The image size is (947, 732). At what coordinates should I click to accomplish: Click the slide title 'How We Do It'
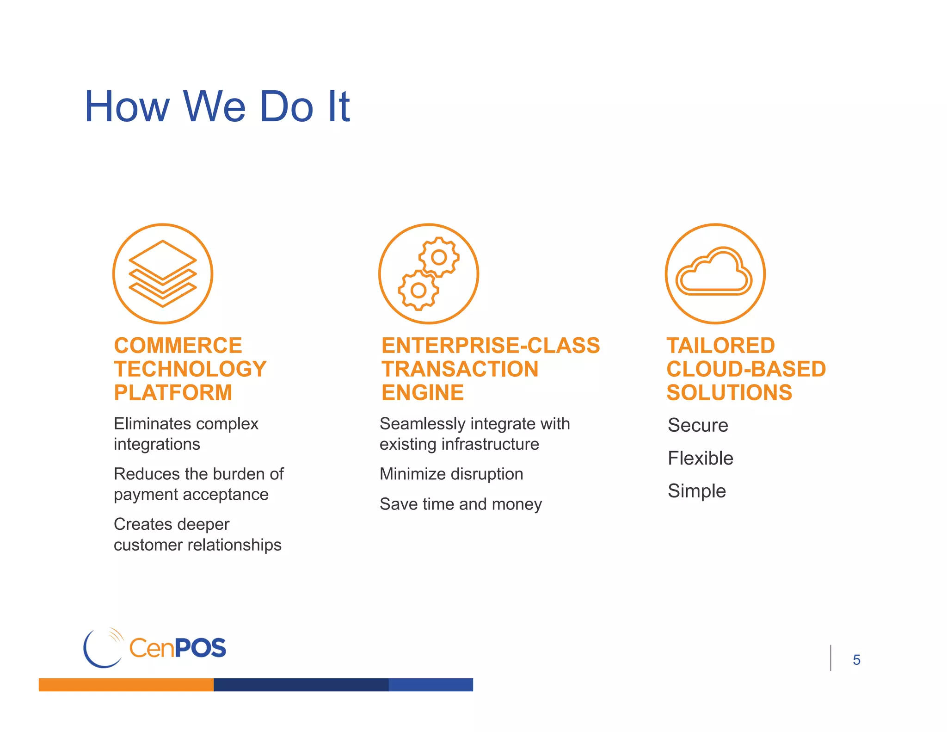(217, 107)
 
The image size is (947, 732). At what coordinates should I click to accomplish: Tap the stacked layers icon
(163, 273)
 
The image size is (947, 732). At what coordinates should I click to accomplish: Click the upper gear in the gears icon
(439, 257)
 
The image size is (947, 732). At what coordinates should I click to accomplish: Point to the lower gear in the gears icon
(418, 291)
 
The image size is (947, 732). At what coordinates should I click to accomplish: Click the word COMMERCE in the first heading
(178, 346)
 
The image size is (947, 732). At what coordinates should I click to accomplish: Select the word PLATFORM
(173, 393)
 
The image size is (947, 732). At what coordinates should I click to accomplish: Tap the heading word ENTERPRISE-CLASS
(491, 346)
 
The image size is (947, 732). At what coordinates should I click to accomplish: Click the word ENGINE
(423, 393)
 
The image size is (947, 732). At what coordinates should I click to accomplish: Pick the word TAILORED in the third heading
(720, 346)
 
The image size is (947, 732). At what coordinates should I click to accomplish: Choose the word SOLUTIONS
(729, 393)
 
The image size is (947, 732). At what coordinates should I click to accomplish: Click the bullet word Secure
(698, 425)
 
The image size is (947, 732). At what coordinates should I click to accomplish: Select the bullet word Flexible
(701, 458)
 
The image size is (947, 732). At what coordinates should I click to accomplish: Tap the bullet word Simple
(697, 491)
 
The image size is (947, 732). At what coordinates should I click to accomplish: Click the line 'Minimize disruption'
(451, 474)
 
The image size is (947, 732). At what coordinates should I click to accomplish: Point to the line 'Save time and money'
(461, 504)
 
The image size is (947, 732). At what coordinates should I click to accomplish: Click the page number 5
(856, 660)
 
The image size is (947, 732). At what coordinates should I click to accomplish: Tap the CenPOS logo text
(178, 648)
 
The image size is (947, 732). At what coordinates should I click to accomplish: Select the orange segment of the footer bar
(126, 685)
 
